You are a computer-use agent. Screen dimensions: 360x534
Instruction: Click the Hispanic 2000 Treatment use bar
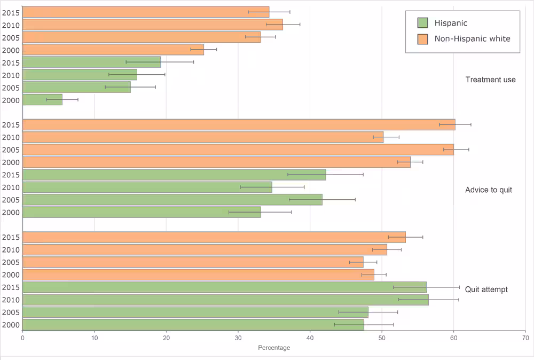coord(43,100)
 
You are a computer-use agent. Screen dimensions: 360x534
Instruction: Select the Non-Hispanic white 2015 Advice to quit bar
coord(239,124)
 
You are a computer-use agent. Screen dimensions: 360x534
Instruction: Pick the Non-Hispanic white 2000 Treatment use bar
coord(113,50)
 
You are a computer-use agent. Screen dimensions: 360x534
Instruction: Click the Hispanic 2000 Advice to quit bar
coord(142,212)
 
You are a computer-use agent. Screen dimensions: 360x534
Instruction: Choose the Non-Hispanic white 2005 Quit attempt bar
coord(193,262)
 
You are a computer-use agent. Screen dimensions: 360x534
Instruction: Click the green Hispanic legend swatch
coord(423,23)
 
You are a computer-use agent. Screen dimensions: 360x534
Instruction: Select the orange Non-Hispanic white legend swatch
coord(423,38)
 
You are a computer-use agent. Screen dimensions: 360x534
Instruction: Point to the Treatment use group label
coord(490,80)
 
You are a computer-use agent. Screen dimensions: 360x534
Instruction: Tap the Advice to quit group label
coord(488,190)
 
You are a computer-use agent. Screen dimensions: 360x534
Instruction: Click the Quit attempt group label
coord(486,289)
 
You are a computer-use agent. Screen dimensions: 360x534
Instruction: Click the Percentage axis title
coord(274,348)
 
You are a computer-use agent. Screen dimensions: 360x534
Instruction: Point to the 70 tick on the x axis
coord(525,338)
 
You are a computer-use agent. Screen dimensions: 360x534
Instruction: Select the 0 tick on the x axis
coord(22,338)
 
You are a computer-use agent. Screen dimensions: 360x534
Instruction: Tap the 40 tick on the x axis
coord(310,338)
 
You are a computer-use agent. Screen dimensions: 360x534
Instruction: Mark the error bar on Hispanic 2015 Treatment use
coord(160,62)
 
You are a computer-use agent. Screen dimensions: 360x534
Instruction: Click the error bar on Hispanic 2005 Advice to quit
coord(322,200)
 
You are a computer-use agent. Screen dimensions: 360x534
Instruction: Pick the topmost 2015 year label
coord(11,12)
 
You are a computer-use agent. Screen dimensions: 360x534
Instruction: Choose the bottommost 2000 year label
coord(11,325)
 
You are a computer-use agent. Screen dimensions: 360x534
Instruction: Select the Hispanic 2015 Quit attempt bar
coord(224,287)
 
